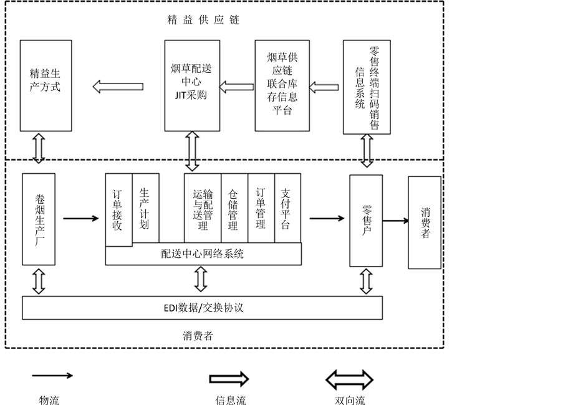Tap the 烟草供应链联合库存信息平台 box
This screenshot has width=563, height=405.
point(282,85)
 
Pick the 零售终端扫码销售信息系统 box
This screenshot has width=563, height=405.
point(367,87)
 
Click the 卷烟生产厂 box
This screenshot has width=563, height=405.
point(39,219)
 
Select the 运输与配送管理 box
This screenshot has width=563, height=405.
point(202,208)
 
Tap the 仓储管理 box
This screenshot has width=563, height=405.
point(234,208)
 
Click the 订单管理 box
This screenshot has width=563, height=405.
point(261,208)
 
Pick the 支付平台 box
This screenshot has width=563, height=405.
point(287,208)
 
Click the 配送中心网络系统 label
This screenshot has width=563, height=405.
point(203,254)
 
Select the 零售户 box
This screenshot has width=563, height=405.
point(366,220)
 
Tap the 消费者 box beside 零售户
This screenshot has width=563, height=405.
point(425,222)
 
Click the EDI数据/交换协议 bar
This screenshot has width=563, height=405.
point(203,307)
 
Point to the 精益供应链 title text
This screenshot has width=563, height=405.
point(203,20)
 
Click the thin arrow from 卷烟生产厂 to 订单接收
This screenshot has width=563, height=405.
point(81,218)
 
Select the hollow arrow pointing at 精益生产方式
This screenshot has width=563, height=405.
point(117,86)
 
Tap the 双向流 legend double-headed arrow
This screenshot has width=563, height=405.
point(349,379)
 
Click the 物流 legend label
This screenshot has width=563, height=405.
point(49,399)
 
